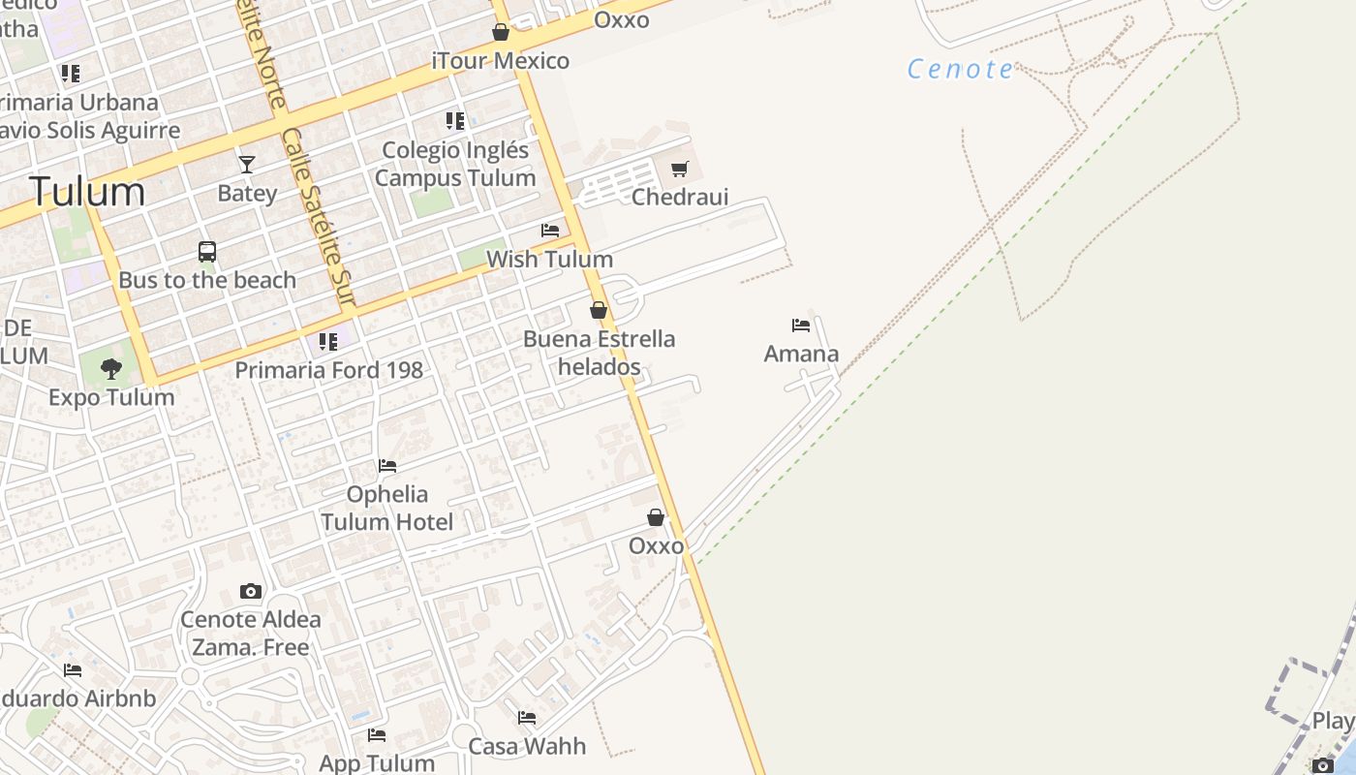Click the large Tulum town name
pyautogui.click(x=86, y=191)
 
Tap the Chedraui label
pyautogui.click(x=680, y=197)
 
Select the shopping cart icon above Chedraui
pyautogui.click(x=680, y=170)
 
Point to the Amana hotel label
pyautogui.click(x=801, y=354)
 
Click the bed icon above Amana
pyautogui.click(x=801, y=325)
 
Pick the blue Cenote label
pyautogui.click(x=960, y=70)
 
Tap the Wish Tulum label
pyautogui.click(x=549, y=259)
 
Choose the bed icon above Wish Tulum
pyautogui.click(x=550, y=231)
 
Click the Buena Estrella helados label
pyautogui.click(x=599, y=353)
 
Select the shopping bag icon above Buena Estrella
pyautogui.click(x=599, y=310)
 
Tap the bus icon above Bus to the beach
pyautogui.click(x=207, y=252)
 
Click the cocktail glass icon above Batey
pyautogui.click(x=247, y=165)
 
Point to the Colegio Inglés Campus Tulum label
pyautogui.click(x=455, y=164)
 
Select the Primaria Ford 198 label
pyautogui.click(x=328, y=370)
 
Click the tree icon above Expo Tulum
pyautogui.click(x=111, y=368)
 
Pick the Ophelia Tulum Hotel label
pyautogui.click(x=387, y=508)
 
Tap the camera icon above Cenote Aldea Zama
pyautogui.click(x=251, y=591)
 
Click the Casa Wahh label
pyautogui.click(x=527, y=746)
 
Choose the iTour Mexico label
pyautogui.click(x=501, y=61)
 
